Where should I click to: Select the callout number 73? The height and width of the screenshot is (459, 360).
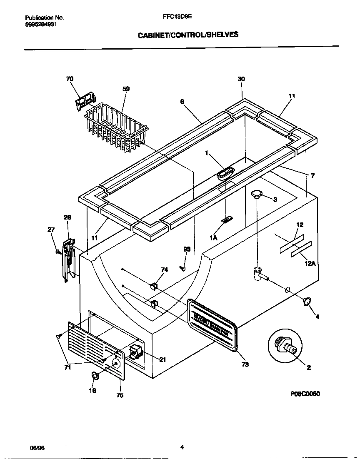click(x=245, y=364)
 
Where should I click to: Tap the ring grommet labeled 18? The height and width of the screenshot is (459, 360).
click(x=95, y=376)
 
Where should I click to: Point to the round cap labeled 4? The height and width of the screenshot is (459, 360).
click(x=307, y=302)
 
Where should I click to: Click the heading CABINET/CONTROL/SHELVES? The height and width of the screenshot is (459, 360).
click(x=188, y=35)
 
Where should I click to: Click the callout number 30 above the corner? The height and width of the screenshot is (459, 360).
click(x=241, y=91)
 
